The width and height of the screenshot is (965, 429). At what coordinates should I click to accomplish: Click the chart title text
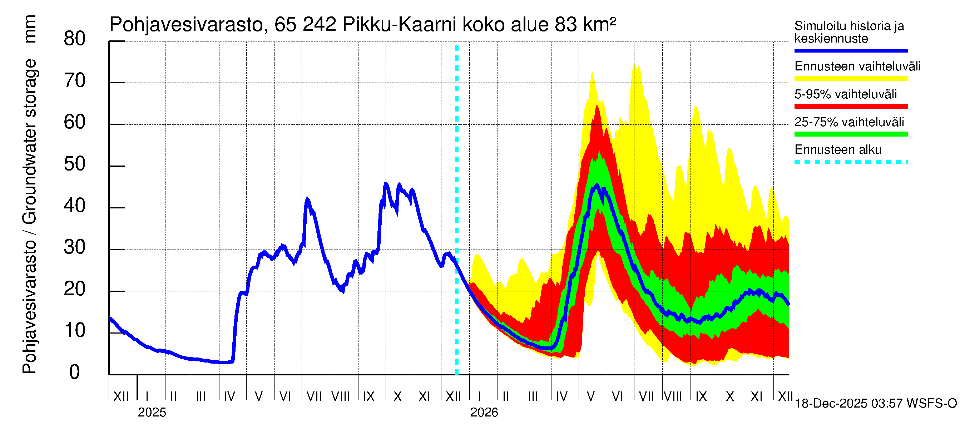tap(362, 25)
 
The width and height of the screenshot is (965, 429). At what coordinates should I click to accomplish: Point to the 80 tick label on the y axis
tap(75, 39)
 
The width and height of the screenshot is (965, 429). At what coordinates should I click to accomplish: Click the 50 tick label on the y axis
tap(75, 164)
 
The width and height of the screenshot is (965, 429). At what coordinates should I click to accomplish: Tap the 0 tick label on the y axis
tap(75, 373)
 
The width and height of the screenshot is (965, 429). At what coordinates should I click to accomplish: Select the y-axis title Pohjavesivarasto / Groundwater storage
tap(29, 217)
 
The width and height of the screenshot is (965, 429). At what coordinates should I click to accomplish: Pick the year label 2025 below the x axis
tap(152, 413)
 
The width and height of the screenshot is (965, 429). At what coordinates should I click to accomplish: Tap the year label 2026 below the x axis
tap(484, 413)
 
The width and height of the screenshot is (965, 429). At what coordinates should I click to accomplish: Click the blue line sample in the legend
tap(851, 50)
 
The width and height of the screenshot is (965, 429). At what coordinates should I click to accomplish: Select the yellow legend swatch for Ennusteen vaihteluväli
tap(851, 79)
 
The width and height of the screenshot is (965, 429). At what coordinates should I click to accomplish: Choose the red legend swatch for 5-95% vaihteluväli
tap(851, 107)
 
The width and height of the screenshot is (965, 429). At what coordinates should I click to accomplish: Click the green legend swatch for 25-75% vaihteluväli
tap(851, 134)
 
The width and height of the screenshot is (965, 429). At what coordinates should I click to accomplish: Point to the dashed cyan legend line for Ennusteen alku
tap(851, 162)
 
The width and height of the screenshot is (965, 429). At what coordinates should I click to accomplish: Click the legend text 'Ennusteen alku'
tap(838, 150)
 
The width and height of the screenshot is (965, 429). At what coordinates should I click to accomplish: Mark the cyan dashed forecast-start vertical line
tap(457, 210)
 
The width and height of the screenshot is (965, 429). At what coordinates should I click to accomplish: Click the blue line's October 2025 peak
tap(386, 184)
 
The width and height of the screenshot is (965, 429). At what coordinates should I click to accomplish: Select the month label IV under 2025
tap(229, 396)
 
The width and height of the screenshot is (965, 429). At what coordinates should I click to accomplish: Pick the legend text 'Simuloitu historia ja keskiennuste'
tap(849, 32)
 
